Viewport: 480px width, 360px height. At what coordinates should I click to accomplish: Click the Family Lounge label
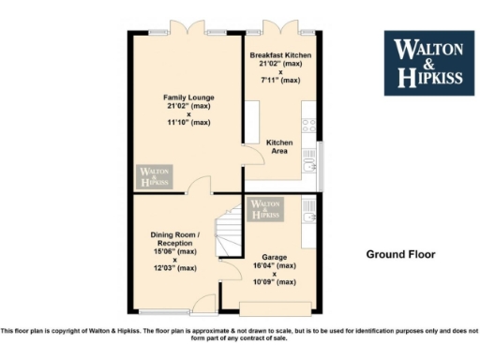tap(188, 97)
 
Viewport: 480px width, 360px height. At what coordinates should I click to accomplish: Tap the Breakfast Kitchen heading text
tap(280, 55)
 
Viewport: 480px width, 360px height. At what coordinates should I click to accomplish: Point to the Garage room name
tap(274, 257)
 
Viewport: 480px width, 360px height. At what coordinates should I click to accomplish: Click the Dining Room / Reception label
tap(173, 238)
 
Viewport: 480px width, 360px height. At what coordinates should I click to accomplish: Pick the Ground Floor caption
tap(400, 254)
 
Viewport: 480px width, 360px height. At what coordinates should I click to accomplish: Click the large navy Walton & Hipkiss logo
tap(427, 63)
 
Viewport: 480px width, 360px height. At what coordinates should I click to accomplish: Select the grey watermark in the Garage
tap(265, 209)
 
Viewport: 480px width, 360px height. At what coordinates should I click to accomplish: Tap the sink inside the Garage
tap(308, 217)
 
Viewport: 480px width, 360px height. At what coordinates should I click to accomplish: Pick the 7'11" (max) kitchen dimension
tap(280, 81)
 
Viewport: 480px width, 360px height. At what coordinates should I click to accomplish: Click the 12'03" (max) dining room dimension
tap(173, 268)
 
